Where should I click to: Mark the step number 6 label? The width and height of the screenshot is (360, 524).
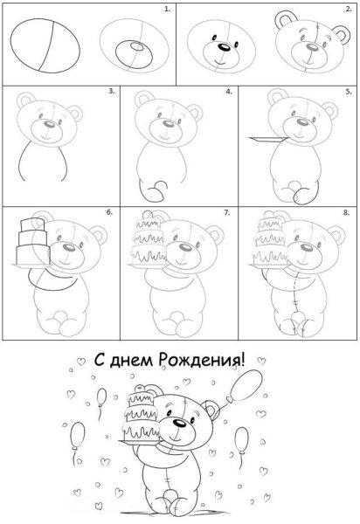point(109,212)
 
